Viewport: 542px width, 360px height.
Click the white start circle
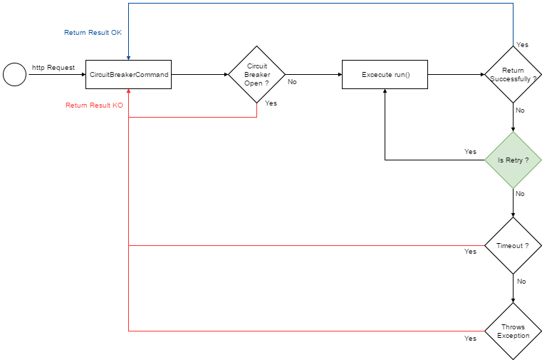coord(14,74)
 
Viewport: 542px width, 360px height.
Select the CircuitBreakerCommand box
coord(128,74)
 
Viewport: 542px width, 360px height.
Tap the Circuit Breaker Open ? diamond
coord(256,74)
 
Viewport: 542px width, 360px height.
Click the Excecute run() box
coord(385,74)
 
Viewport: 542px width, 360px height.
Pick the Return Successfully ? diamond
coord(514,74)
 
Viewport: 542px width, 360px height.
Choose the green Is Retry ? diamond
coord(514,160)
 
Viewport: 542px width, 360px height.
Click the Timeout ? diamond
coord(514,245)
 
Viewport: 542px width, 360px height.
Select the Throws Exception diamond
coord(514,331)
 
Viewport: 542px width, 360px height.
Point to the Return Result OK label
coord(93,33)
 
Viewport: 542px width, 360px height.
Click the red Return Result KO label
coord(94,106)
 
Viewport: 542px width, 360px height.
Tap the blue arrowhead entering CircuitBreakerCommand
coord(128,57)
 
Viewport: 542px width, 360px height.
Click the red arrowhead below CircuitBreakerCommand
coord(128,92)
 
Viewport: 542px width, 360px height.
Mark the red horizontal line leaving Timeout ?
coord(306,245)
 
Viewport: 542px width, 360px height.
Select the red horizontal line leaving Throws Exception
coord(306,331)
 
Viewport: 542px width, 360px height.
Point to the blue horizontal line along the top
coord(320,4)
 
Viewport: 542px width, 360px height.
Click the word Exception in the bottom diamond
coord(514,335)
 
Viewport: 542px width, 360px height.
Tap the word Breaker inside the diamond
coord(256,74)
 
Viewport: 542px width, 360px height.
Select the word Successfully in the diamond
coord(511,78)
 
